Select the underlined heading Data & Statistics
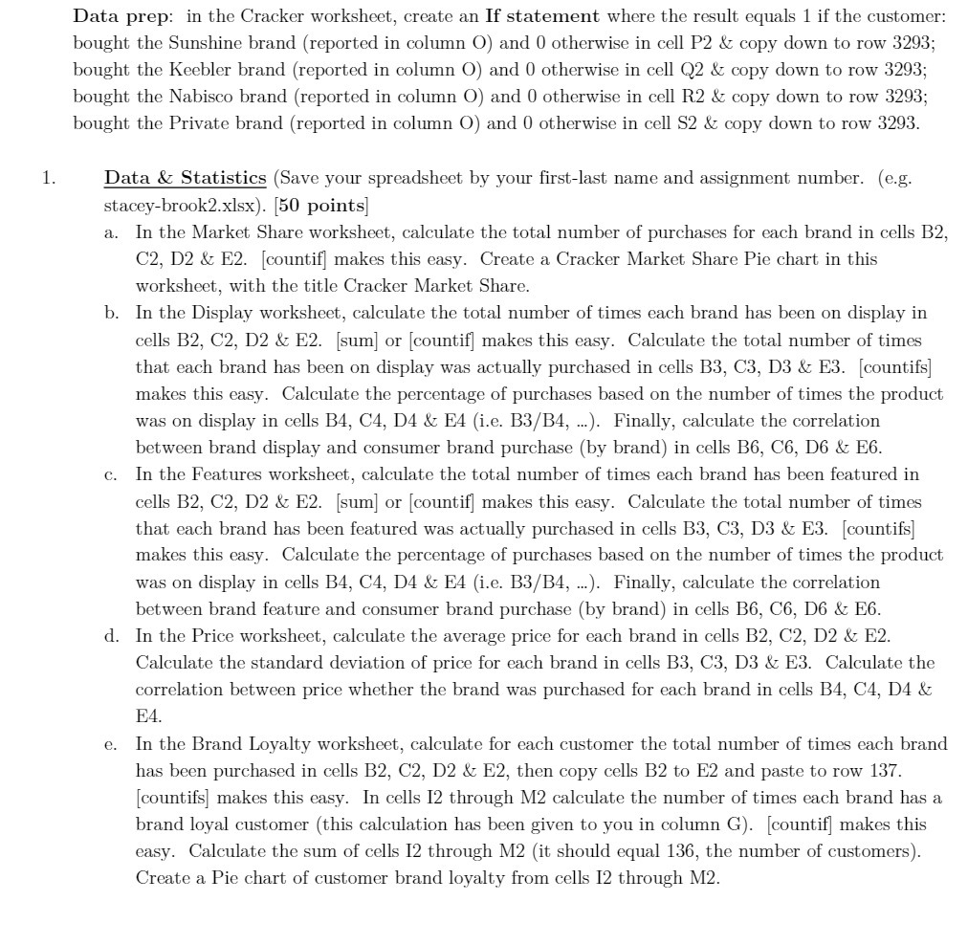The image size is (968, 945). (185, 178)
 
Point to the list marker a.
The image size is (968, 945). (113, 232)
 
